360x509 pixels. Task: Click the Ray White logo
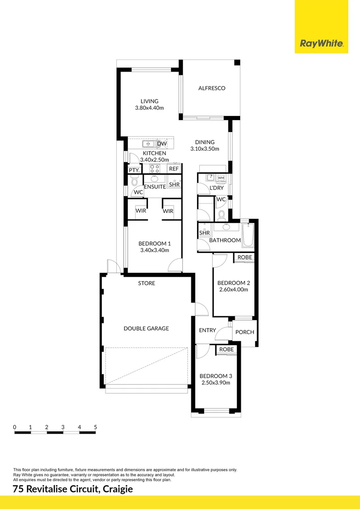(321, 44)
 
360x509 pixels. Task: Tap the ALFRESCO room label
(212, 88)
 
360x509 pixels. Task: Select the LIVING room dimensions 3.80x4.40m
(149, 108)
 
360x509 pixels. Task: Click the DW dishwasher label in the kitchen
(162, 144)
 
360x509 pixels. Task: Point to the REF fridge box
(174, 169)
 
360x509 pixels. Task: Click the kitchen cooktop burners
(155, 168)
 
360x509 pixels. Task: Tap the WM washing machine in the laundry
(221, 178)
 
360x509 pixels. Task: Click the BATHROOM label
(225, 240)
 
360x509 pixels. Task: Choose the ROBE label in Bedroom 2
(245, 257)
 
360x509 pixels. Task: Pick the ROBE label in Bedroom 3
(227, 349)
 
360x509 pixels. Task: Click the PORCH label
(245, 332)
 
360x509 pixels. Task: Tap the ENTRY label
(207, 330)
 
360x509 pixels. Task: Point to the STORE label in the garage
(147, 283)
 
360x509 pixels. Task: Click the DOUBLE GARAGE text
(146, 328)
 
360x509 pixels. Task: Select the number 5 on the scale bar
(95, 427)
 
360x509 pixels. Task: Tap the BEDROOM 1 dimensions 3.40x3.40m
(154, 250)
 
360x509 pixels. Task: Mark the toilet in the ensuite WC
(134, 181)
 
